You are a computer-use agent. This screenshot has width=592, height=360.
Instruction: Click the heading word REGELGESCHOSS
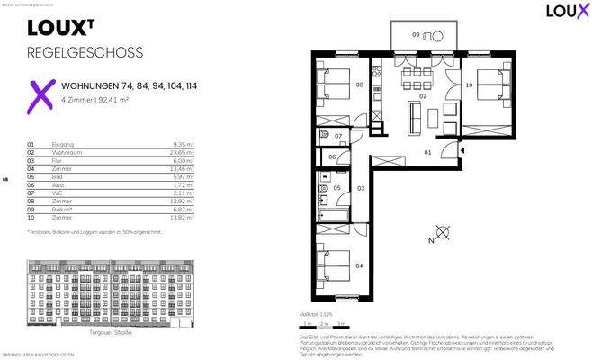coord(85,52)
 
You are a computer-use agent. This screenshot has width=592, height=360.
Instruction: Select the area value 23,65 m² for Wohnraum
coord(185,152)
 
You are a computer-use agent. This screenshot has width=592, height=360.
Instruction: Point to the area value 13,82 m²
coord(185,218)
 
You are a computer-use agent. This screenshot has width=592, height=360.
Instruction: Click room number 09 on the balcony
coord(416,34)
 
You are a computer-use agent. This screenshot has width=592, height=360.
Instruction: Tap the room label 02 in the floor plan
coord(422,94)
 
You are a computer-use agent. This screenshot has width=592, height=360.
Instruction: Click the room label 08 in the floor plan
coord(359,85)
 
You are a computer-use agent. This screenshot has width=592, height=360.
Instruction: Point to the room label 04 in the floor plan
coord(359,266)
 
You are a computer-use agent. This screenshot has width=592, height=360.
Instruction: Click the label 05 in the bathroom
coord(336,189)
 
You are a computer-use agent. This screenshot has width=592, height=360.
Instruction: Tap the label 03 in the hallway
coord(360,188)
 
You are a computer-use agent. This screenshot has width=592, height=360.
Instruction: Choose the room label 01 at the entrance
coord(428,152)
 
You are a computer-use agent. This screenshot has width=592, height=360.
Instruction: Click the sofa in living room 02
coord(415,116)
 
